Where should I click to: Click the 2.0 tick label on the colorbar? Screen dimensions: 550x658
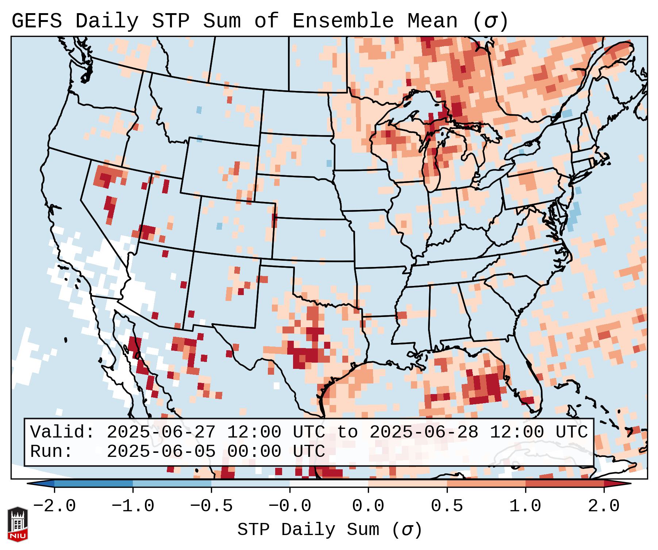pos(604,506)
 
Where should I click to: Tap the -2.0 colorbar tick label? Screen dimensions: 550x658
pos(54,506)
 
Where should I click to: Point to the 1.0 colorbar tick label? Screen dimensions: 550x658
pos(525,506)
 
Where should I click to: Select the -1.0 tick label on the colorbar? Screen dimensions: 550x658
pos(133,506)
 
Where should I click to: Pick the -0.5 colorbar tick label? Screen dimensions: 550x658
pos(211,506)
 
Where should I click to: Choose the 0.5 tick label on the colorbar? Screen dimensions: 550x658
pos(447,506)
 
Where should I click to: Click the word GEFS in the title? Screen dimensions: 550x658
pos(37,21)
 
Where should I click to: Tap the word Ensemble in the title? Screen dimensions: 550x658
pos(343,21)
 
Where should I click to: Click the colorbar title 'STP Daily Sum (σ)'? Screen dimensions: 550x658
pos(330,530)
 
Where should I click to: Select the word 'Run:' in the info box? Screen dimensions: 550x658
pos(51,452)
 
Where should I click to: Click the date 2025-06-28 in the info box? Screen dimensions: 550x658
pos(424,432)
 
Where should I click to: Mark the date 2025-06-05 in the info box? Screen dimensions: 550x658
pos(161,452)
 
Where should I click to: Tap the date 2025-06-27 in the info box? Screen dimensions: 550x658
pos(161,432)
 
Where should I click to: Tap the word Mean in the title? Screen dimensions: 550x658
pos(432,21)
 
